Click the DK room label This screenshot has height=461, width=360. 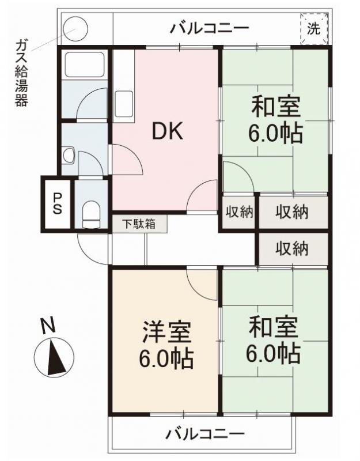click(167, 133)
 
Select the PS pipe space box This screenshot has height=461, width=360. click(58, 205)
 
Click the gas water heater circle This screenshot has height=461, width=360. click(75, 28)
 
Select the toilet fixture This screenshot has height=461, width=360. click(91, 214)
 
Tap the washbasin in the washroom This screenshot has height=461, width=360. click(69, 155)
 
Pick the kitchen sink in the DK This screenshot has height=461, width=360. click(124, 103)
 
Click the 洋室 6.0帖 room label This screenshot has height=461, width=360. click(166, 346)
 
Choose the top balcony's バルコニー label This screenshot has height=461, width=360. click(209, 28)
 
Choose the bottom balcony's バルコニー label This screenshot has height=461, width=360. click(206, 433)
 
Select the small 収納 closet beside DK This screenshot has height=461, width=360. click(238, 212)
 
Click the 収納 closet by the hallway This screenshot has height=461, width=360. click(291, 248)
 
